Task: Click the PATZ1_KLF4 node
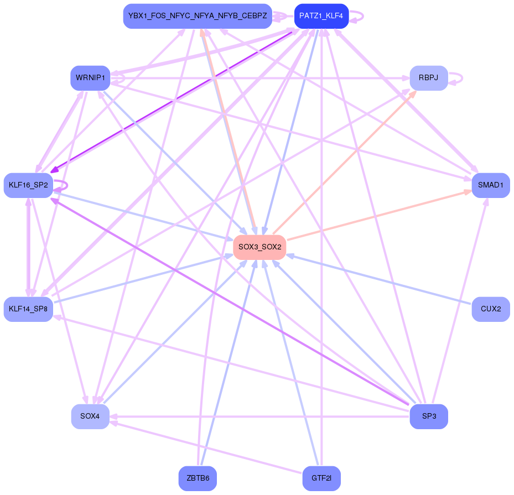[x=321, y=16]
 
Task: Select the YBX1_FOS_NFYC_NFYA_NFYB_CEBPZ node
[x=198, y=16]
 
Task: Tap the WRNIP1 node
[x=90, y=78]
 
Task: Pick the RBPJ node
[x=428, y=78]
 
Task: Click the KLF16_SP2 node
[x=28, y=185]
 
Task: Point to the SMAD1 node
[x=490, y=185]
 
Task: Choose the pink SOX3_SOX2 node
[x=259, y=247]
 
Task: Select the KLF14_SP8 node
[x=28, y=309]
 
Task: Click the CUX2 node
[x=490, y=309]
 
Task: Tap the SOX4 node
[x=90, y=416]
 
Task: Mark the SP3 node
[x=428, y=416]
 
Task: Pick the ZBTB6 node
[x=198, y=478]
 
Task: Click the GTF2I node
[x=321, y=478]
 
